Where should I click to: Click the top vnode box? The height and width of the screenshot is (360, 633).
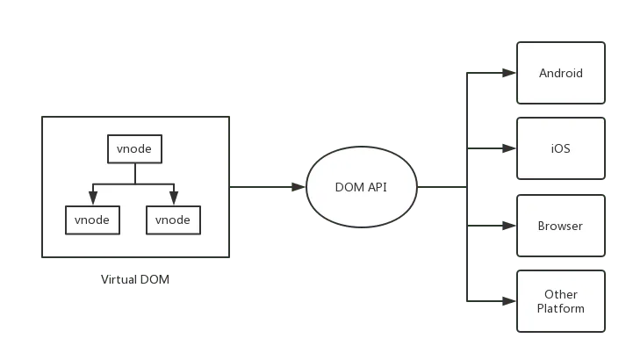(134, 148)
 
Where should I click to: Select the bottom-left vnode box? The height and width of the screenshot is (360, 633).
(92, 220)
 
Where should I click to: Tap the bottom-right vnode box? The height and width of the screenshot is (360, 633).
(173, 220)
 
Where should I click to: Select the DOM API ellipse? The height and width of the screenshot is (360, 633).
(361, 186)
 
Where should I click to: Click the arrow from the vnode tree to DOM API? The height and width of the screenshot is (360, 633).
(263, 186)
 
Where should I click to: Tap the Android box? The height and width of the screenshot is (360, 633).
(560, 73)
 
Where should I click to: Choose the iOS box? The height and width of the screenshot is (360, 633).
(560, 148)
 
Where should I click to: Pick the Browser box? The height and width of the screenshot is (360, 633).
(560, 226)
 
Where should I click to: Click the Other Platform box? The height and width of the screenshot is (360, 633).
(560, 301)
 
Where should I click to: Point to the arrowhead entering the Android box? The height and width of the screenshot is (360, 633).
(507, 73)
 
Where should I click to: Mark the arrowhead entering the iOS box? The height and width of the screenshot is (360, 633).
(507, 148)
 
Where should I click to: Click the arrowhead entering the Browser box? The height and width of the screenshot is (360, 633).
(507, 226)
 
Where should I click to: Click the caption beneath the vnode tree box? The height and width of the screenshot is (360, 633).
(137, 281)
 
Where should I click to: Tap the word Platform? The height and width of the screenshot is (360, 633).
(561, 308)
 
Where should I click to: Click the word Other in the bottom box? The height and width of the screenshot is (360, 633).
(561, 294)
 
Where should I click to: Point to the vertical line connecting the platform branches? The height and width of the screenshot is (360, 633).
(467, 186)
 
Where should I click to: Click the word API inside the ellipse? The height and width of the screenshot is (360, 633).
(377, 186)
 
